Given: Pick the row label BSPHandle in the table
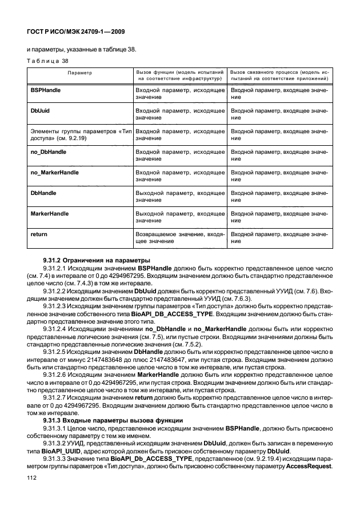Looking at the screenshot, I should [45, 90].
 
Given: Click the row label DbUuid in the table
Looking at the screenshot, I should [39, 110].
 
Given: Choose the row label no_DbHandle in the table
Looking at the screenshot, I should [48, 152].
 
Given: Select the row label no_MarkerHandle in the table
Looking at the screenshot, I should [54, 172].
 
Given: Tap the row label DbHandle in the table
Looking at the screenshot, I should [42, 193].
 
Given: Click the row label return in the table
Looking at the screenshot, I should [38, 234].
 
